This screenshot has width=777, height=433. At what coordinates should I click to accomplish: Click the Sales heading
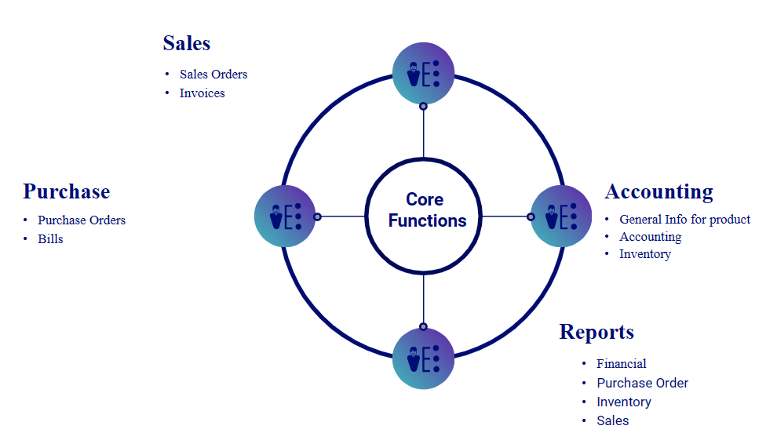[187, 43]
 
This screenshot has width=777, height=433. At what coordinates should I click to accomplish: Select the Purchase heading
[66, 191]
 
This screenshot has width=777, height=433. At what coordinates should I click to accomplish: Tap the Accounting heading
[658, 191]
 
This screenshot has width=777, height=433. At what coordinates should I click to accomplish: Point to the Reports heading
[596, 332]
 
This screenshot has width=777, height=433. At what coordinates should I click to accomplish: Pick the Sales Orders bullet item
[213, 75]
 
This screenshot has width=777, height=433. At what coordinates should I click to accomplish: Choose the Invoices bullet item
[202, 93]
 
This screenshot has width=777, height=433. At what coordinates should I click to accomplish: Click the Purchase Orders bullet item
[82, 220]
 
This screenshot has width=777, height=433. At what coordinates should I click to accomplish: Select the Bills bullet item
[50, 238]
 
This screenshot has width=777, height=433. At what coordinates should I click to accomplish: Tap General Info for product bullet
[684, 220]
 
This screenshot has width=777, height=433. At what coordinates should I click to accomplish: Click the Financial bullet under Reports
[622, 364]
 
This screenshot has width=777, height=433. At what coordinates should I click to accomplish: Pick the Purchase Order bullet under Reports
[642, 383]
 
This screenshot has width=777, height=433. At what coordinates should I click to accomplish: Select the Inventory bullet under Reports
[624, 402]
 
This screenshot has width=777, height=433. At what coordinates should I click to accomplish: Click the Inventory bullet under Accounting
[644, 254]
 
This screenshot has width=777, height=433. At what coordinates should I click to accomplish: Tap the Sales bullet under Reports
[612, 420]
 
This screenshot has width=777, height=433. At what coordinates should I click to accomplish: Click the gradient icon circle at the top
[423, 73]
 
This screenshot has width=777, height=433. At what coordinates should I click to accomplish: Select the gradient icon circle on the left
[285, 216]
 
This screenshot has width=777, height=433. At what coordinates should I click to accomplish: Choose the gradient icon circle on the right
[561, 216]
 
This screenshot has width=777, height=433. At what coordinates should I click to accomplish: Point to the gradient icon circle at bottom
[423, 358]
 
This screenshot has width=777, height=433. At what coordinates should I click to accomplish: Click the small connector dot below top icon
[423, 106]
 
